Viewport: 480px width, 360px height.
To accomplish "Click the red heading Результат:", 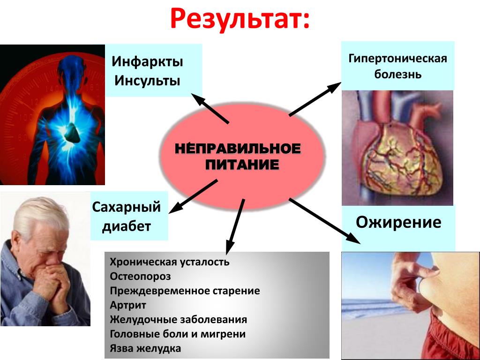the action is [x=240, y=19].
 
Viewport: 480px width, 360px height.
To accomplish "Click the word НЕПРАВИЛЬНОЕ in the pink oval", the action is [x=238, y=149].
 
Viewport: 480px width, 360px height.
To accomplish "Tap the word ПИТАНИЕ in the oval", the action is [x=242, y=165].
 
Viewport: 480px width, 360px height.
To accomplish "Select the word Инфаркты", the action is [x=147, y=62].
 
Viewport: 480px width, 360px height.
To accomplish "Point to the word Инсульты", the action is [x=147, y=81].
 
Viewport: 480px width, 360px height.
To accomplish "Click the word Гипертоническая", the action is [x=397, y=59].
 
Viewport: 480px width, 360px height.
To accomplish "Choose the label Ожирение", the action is [x=398, y=223].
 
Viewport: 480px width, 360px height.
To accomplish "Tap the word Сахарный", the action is [x=126, y=207].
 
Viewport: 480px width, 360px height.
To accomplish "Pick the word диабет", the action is [x=127, y=226].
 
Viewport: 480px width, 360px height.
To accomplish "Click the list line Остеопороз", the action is [x=140, y=277].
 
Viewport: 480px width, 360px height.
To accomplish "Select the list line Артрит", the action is [x=128, y=305].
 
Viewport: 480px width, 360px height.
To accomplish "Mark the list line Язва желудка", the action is [x=145, y=348].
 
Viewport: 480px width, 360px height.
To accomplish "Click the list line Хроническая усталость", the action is [x=169, y=262].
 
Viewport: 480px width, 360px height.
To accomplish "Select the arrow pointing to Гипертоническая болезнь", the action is [x=315, y=99].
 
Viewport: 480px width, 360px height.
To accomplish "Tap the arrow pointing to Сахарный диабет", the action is [x=193, y=196].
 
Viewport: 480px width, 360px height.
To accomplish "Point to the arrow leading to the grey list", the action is [x=235, y=227].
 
